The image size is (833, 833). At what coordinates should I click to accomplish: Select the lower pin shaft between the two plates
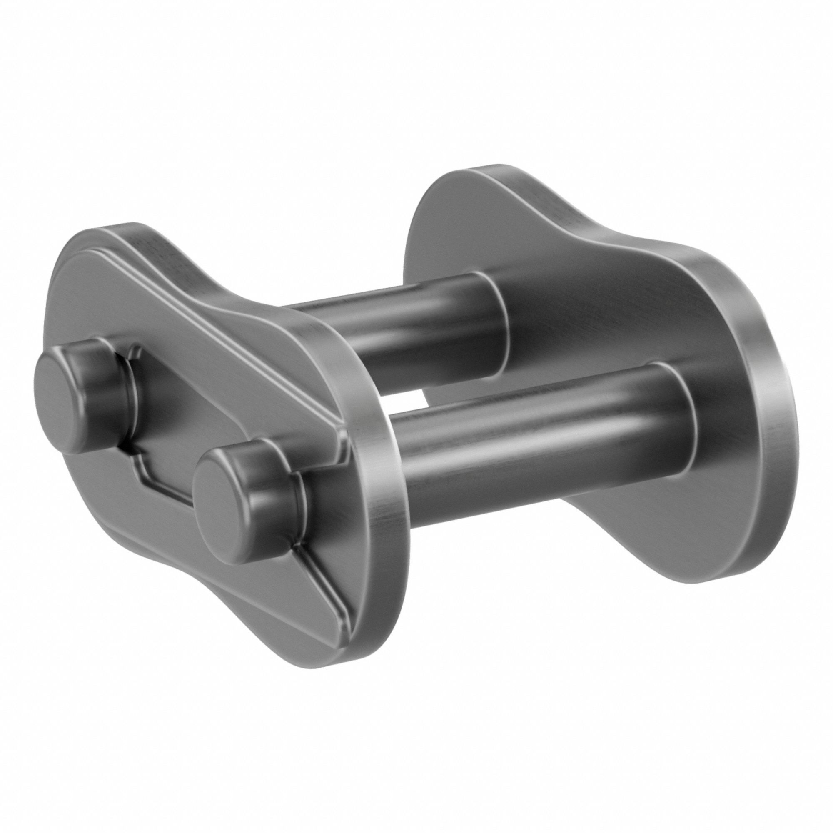[x=517, y=436]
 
